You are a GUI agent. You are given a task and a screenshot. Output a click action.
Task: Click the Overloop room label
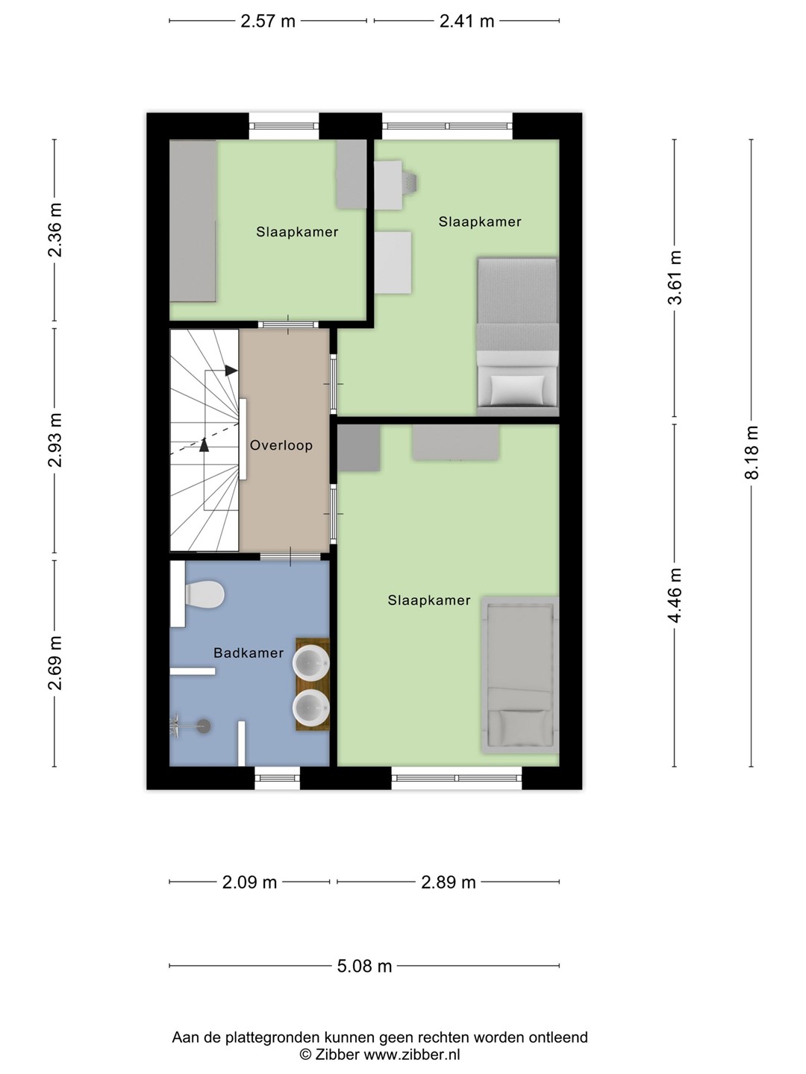tap(281, 445)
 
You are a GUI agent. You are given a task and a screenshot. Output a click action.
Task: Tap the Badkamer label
tap(249, 653)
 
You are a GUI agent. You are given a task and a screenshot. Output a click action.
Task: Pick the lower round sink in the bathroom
tap(310, 708)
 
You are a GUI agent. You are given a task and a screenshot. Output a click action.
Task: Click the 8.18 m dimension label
tap(752, 453)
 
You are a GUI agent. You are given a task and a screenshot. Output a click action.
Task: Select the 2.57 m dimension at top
tap(268, 21)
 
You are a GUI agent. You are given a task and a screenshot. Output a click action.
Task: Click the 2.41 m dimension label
tap(467, 21)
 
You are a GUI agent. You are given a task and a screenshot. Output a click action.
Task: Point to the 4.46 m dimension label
tap(675, 595)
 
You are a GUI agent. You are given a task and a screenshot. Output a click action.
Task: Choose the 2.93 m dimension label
tap(54, 440)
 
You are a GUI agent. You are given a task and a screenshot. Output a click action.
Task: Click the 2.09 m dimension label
tap(249, 882)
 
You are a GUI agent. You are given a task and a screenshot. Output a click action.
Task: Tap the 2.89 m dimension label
tap(449, 882)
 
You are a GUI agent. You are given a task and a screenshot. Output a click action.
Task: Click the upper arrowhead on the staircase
tap(231, 371)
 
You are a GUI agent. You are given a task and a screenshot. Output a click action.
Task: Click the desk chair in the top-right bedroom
tap(409, 183)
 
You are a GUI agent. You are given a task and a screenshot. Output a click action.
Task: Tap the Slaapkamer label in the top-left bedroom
tap(297, 232)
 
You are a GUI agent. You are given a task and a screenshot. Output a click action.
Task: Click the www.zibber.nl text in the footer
tap(412, 1055)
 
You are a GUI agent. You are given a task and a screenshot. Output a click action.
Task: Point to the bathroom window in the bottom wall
tap(277, 778)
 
